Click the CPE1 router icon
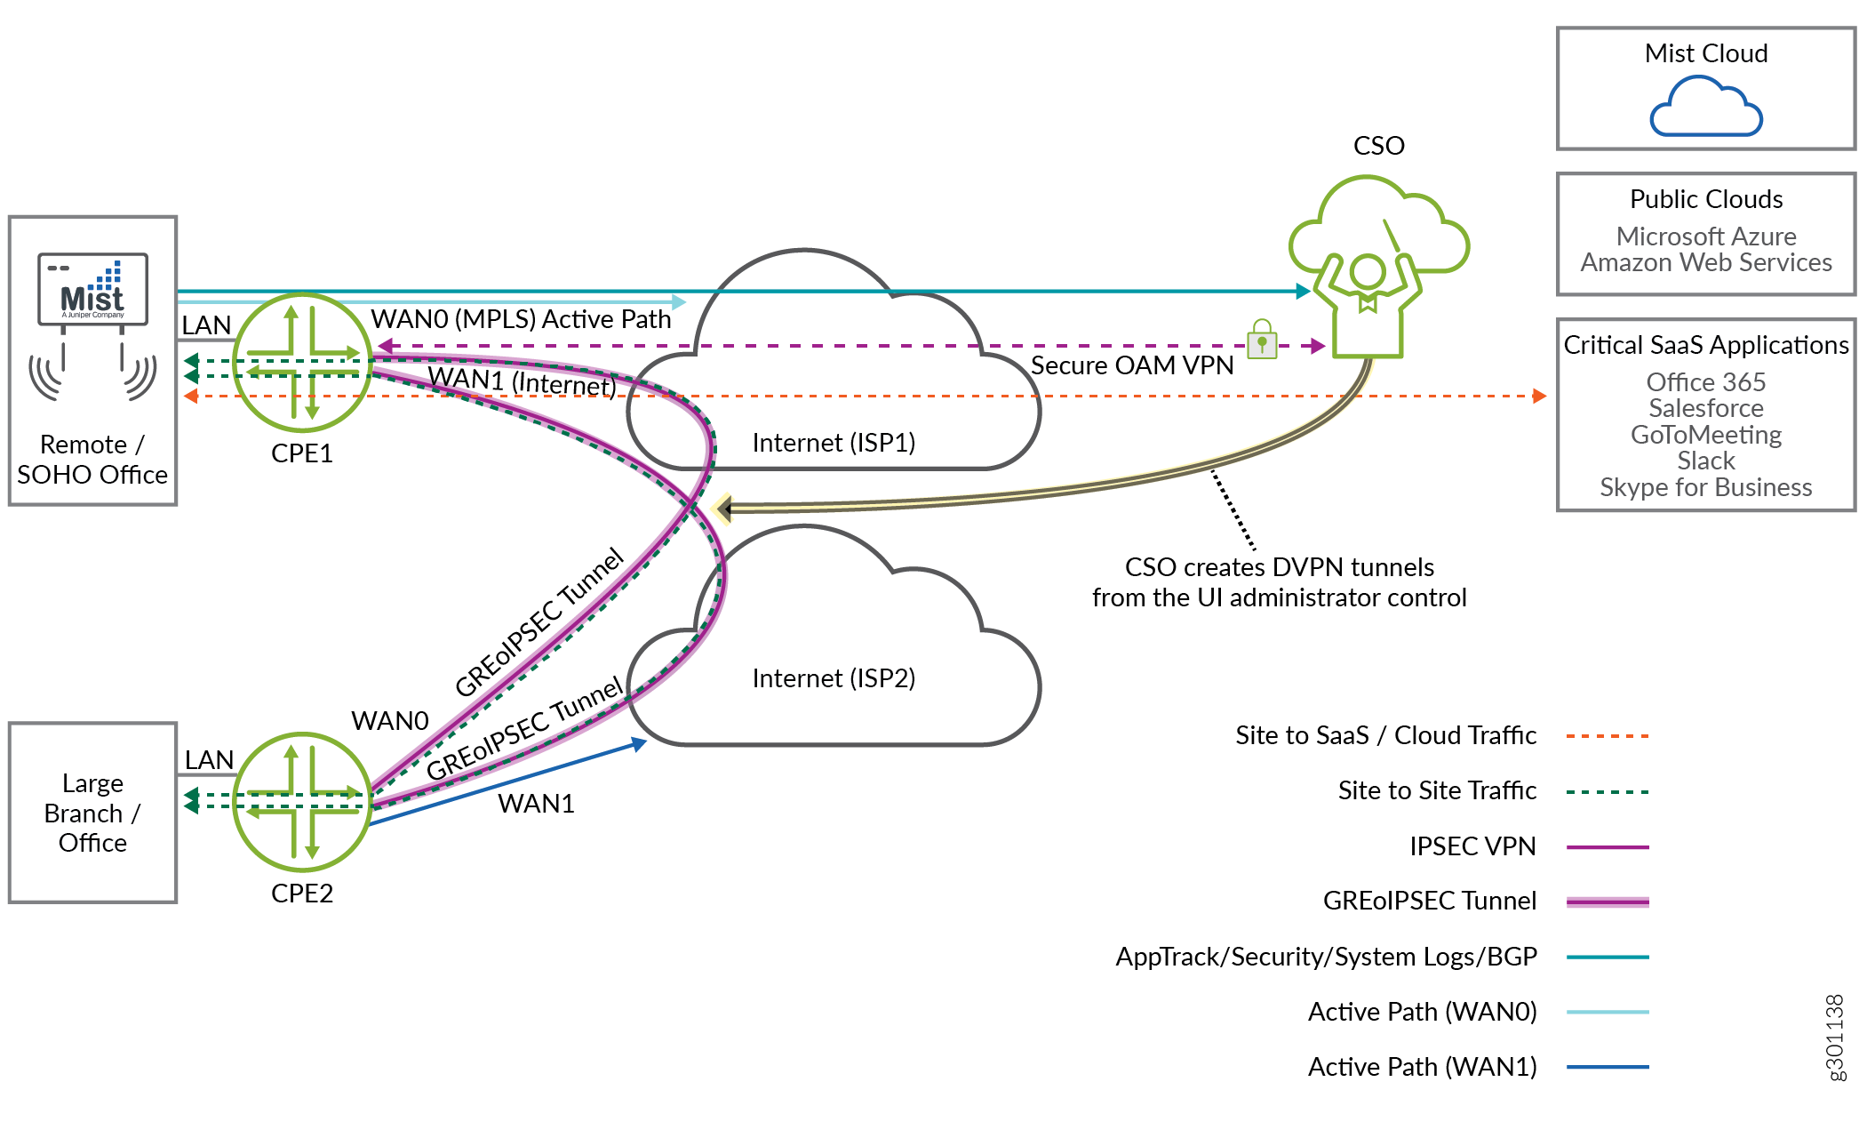point(302,363)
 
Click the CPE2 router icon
point(302,801)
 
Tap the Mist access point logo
point(92,290)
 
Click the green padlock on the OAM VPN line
point(1262,340)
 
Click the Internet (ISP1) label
point(834,443)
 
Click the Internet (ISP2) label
point(834,678)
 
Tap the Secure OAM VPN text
point(1132,365)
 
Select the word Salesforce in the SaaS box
point(1705,408)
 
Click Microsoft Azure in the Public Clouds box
point(1705,236)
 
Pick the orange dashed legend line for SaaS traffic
point(1607,736)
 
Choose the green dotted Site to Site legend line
point(1607,791)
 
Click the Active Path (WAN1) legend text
point(1422,1067)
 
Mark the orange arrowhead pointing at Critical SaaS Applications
point(1540,396)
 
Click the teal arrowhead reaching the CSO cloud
point(1304,291)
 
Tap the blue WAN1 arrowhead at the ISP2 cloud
point(639,742)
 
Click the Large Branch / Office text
point(92,813)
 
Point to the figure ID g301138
point(1835,1038)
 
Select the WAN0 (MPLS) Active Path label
point(521,319)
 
